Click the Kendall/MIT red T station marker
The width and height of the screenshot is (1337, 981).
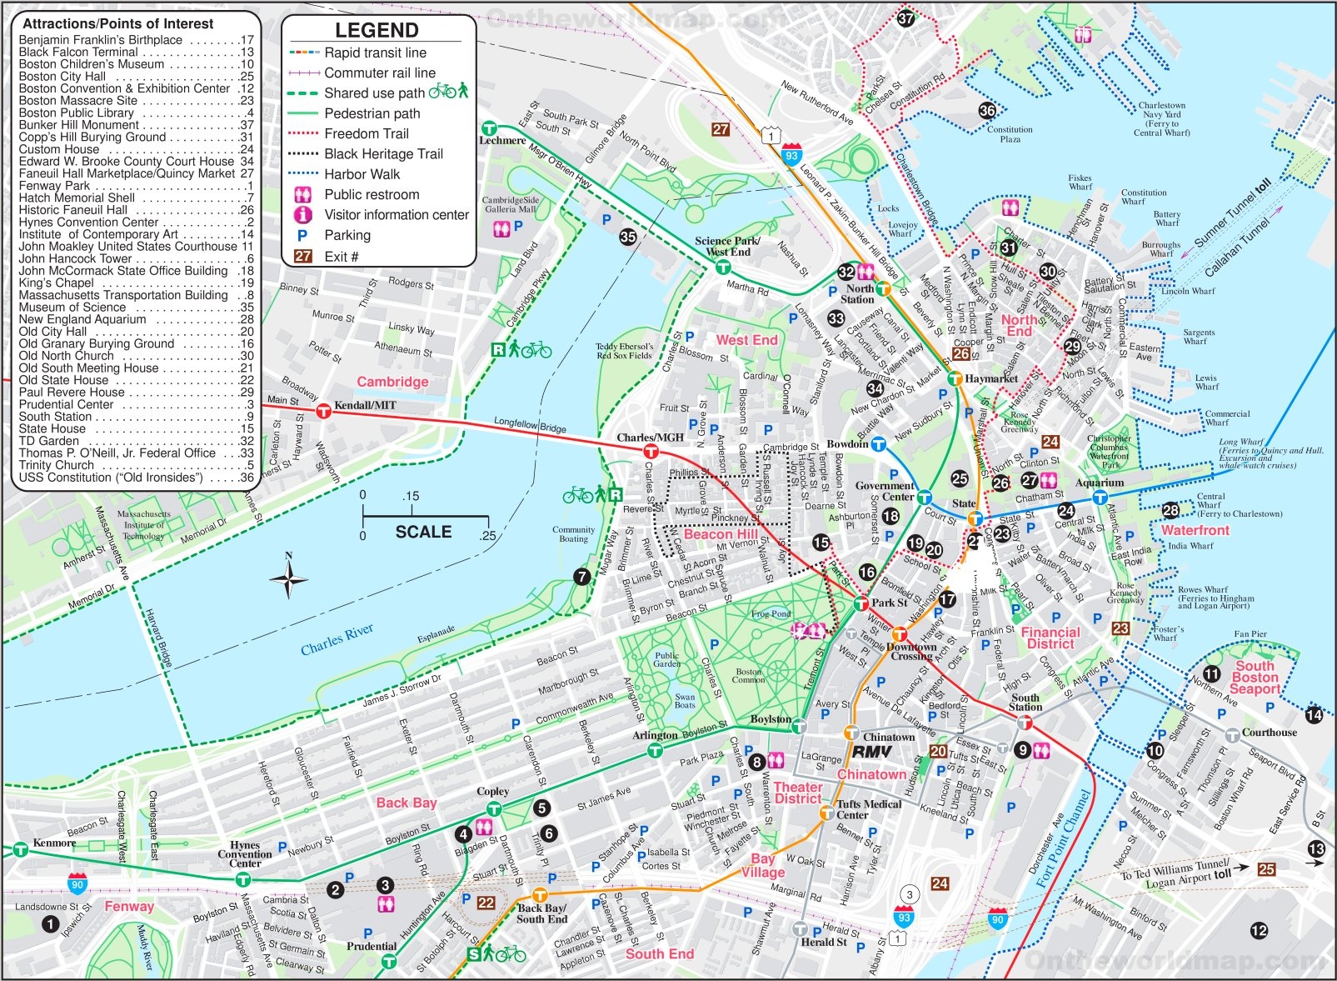(324, 410)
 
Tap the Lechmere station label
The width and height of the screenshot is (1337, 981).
(502, 141)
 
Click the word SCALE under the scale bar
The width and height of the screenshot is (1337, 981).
(423, 532)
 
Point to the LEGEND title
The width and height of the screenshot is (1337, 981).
(377, 31)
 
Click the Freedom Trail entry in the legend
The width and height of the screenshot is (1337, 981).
(367, 133)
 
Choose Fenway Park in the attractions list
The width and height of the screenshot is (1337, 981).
(54, 186)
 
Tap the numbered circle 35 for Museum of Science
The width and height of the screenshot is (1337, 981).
(628, 237)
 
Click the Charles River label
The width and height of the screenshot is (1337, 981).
(337, 639)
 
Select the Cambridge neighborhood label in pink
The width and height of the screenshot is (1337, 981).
(392, 382)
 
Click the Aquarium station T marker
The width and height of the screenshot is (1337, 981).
(1100, 498)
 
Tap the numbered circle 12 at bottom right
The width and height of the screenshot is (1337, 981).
(1259, 931)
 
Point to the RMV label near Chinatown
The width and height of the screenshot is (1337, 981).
(871, 751)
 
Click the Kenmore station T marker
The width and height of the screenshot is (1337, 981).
(20, 850)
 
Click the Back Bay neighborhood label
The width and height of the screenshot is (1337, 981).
(406, 803)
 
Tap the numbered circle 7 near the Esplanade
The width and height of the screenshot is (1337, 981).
(581, 577)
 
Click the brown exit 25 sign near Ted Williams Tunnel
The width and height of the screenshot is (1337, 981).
(1266, 869)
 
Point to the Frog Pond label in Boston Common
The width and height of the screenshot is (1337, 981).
(771, 613)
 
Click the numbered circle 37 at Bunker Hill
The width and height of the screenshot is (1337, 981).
(905, 18)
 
